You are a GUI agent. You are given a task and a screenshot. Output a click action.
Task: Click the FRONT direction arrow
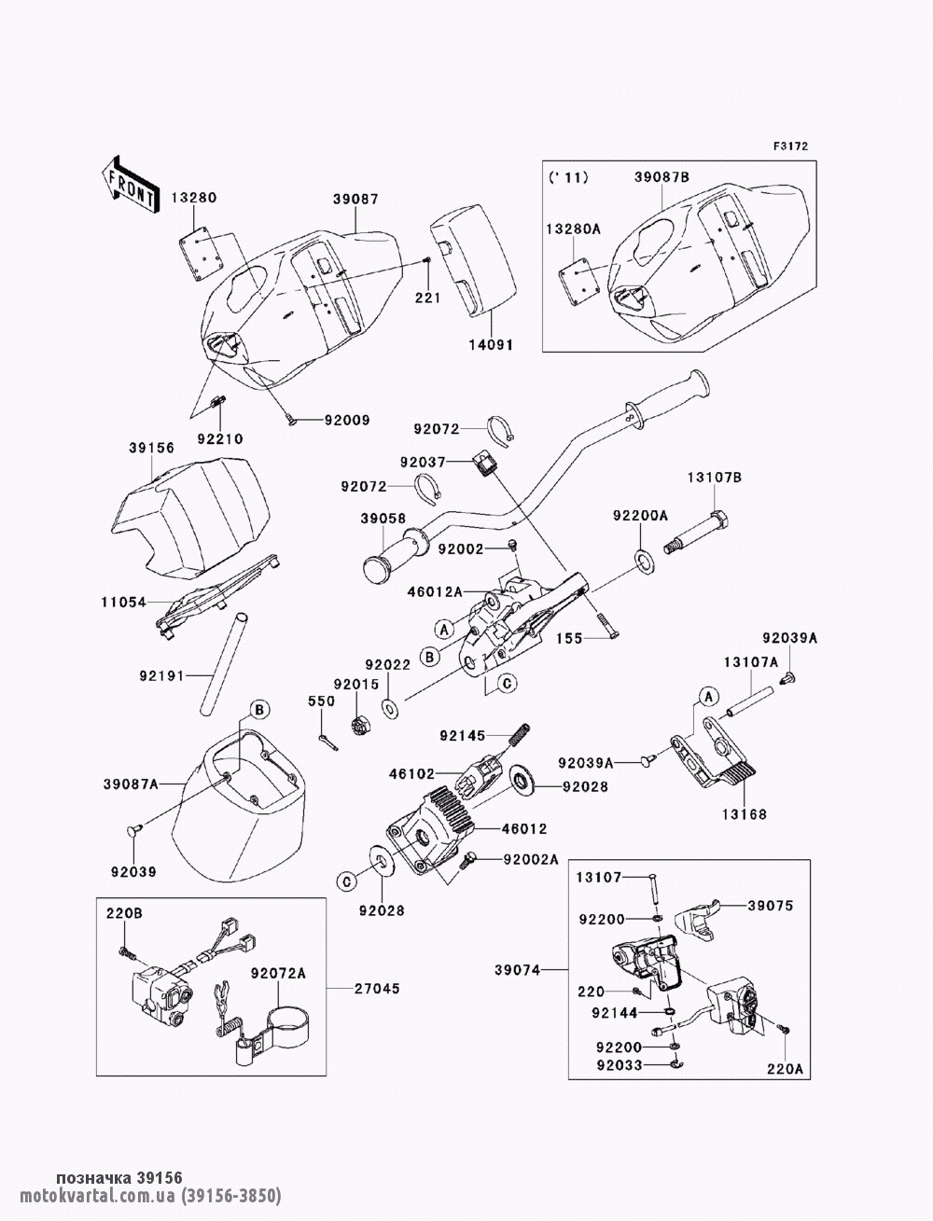[x=128, y=183]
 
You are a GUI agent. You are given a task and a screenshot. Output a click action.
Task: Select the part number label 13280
[x=194, y=198]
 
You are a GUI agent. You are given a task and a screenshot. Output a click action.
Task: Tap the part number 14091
[x=491, y=345]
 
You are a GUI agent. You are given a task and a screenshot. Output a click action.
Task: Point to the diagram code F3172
[x=790, y=146]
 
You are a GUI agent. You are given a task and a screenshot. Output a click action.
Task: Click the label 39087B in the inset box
[x=662, y=177]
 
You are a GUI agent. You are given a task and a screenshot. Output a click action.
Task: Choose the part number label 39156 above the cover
[x=151, y=448]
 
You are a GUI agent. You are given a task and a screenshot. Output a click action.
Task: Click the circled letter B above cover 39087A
[x=259, y=710]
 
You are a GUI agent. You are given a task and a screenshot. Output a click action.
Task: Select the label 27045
[x=377, y=989]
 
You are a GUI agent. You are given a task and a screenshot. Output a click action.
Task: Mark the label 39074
[x=518, y=970]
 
